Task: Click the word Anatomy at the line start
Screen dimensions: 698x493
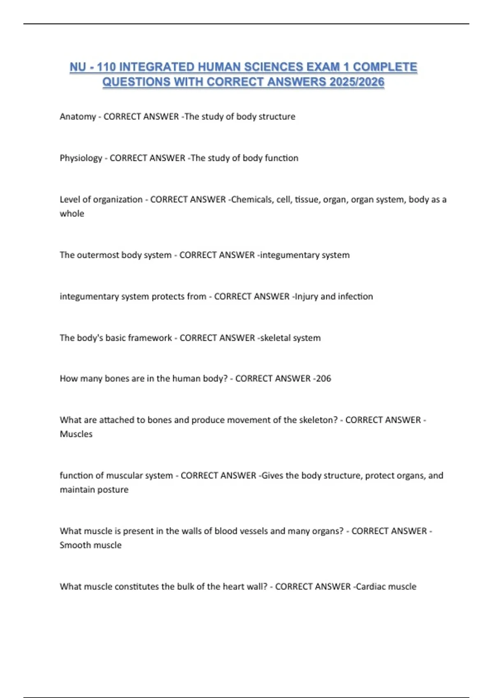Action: tap(78, 117)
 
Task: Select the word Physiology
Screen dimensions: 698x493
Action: tap(81, 158)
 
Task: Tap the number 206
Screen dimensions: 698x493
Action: tap(323, 379)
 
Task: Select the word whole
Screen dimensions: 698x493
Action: tap(72, 214)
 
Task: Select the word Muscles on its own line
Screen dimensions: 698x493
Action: tap(76, 434)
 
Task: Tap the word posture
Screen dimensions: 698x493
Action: tap(113, 489)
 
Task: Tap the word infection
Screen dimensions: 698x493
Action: tap(355, 296)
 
